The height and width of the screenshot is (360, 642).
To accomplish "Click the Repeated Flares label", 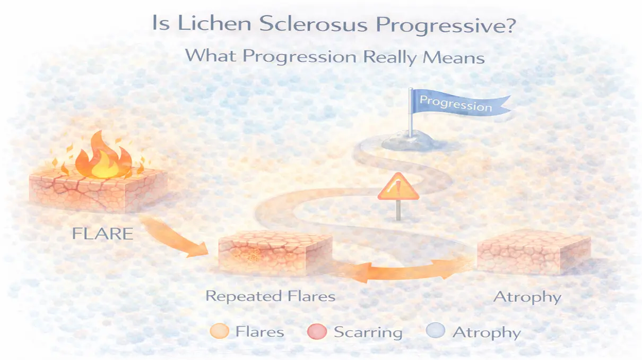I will (x=270, y=296).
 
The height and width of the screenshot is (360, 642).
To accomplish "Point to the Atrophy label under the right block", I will (x=527, y=296).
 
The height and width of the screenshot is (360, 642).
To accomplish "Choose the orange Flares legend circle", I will (x=219, y=332).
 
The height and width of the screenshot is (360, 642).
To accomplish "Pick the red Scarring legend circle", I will (x=317, y=332).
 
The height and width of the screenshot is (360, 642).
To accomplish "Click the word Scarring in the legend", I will (x=368, y=333).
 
